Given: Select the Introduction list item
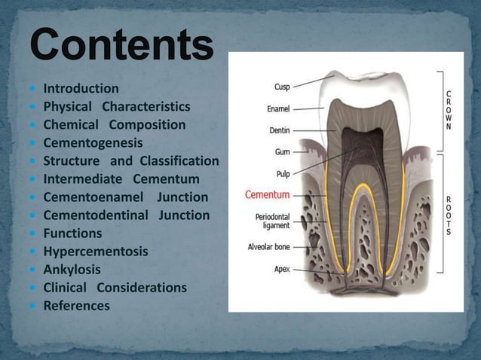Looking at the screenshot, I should click(x=81, y=89).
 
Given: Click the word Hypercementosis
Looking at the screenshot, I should click(x=96, y=252).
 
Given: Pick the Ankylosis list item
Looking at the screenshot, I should click(x=72, y=270).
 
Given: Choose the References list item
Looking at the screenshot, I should click(x=76, y=306).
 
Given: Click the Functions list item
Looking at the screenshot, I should click(x=72, y=233).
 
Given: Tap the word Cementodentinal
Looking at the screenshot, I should click(x=97, y=215).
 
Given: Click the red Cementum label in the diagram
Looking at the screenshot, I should click(x=267, y=195).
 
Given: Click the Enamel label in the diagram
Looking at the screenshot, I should click(x=278, y=109).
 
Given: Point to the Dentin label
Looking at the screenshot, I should click(x=279, y=130).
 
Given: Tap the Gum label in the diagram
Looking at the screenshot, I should click(x=282, y=151).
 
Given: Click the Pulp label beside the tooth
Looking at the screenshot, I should click(x=282, y=173).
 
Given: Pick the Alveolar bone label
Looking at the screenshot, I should click(x=268, y=246).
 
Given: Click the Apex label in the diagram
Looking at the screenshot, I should click(x=281, y=269).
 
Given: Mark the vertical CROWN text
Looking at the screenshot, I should click(x=449, y=111).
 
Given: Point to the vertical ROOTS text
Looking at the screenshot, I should click(x=449, y=215).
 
